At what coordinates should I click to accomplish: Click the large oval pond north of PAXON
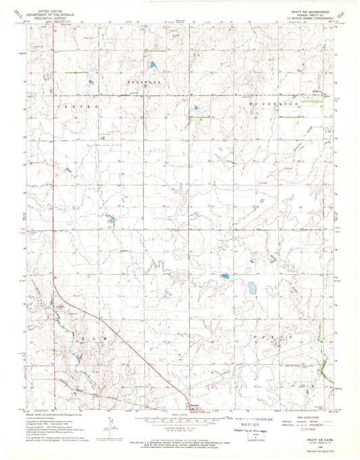click(x=251, y=288)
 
